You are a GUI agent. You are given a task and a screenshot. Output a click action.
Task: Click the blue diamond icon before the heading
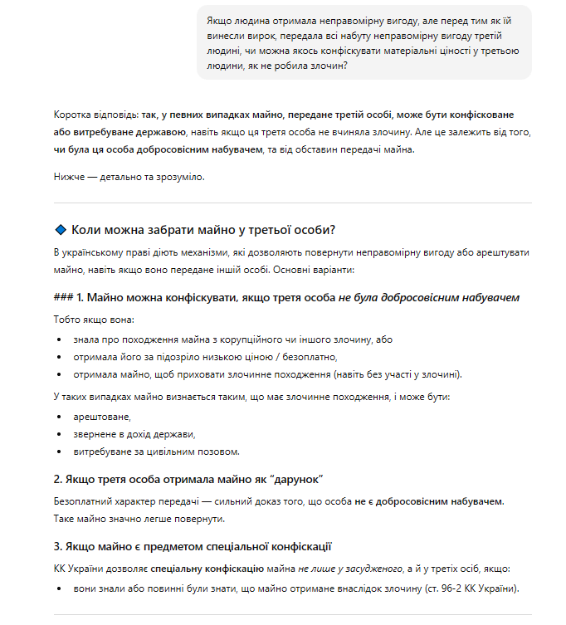60,230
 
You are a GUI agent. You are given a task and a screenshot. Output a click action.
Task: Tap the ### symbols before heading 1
62,297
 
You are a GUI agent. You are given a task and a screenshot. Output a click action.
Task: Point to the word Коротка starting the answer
72,115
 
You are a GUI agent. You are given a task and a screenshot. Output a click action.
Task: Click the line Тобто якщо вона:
93,320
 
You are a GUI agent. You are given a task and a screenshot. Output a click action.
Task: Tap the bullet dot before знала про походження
59,339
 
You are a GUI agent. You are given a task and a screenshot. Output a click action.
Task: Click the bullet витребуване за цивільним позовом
157,452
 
